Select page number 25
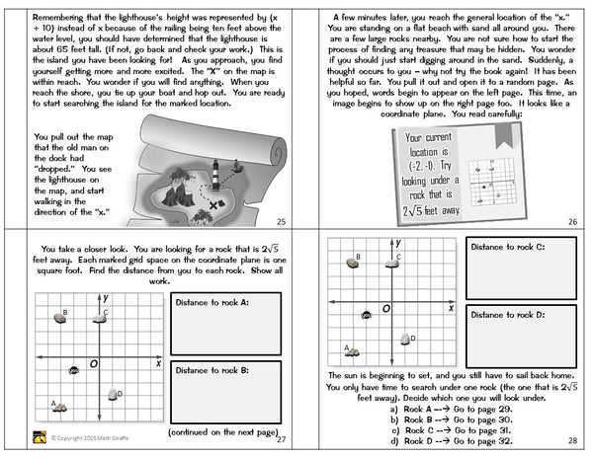pyautogui.click(x=281, y=222)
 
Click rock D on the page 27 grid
pyautogui.click(x=112, y=395)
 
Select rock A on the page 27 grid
pyautogui.click(x=59, y=405)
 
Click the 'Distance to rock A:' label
pyautogui.click(x=211, y=301)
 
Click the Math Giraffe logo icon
pyautogui.click(x=42, y=439)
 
